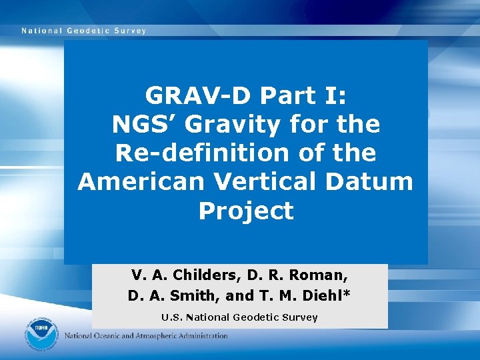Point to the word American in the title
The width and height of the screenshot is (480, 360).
(133, 181)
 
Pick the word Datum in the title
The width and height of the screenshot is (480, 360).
(375, 181)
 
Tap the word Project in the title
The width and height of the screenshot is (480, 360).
(246, 211)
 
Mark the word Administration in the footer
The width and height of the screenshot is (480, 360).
(204, 336)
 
